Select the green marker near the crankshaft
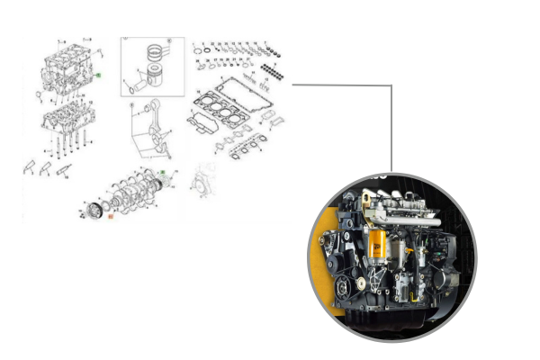pos(161,170)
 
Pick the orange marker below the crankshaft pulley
pos(110,216)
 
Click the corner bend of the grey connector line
pos(391,86)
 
